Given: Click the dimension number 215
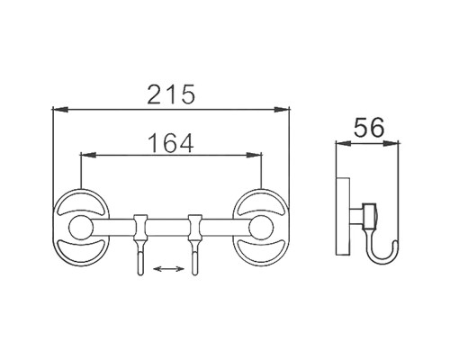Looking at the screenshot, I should point(171,93).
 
